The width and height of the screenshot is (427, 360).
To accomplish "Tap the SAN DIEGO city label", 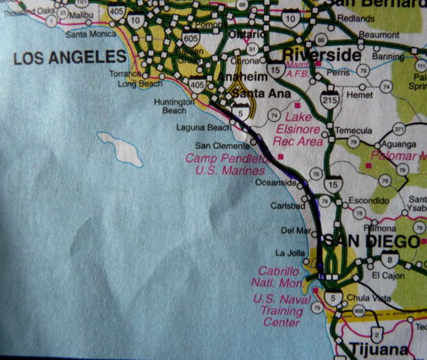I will [365, 241].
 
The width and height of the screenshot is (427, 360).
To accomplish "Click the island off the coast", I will [120, 148].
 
